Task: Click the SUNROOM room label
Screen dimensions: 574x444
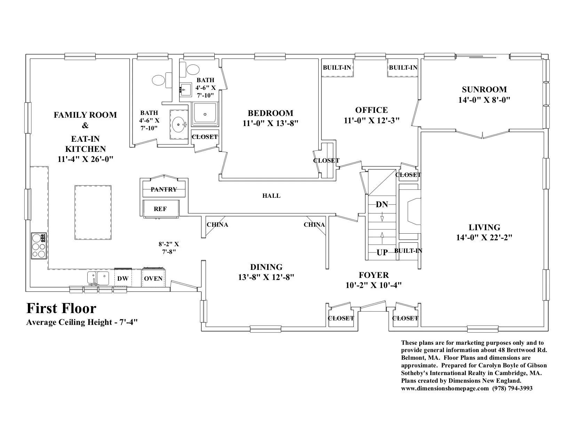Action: tap(484, 89)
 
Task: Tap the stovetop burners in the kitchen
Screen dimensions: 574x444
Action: tap(39, 246)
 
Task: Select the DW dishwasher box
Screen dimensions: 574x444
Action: tap(123, 278)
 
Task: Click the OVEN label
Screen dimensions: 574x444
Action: tap(153, 279)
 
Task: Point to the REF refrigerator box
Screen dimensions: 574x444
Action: tap(161, 209)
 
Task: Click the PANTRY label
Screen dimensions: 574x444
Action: tap(164, 189)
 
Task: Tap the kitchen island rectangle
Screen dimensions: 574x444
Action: tap(93, 213)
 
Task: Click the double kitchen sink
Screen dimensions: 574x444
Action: tap(98, 278)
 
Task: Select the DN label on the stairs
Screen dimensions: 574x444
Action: tap(382, 204)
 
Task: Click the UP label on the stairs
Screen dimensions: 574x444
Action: tap(382, 252)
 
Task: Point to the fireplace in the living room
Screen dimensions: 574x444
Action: tap(409, 211)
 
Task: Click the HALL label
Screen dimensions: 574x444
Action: tap(271, 196)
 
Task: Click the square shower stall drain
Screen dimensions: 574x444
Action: tap(205, 114)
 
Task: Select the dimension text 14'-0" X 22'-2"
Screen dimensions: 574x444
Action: tap(484, 237)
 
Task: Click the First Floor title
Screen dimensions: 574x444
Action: tap(61, 308)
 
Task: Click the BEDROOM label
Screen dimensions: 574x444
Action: tap(271, 113)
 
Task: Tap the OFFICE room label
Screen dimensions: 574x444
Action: tap(372, 110)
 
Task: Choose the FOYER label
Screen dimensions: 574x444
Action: tap(374, 275)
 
